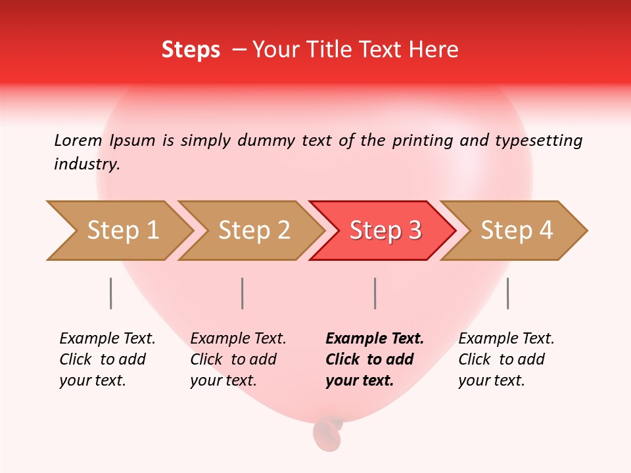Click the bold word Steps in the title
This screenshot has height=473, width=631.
point(191,50)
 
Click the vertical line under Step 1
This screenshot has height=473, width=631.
point(111,293)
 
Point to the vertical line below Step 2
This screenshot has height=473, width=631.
point(243,293)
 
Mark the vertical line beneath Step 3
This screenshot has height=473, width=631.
point(375,293)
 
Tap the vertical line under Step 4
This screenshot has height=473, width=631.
point(508,293)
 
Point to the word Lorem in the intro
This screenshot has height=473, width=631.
point(78,140)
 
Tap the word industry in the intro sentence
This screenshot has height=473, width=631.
point(87,164)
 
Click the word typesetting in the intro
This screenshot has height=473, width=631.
point(538,140)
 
